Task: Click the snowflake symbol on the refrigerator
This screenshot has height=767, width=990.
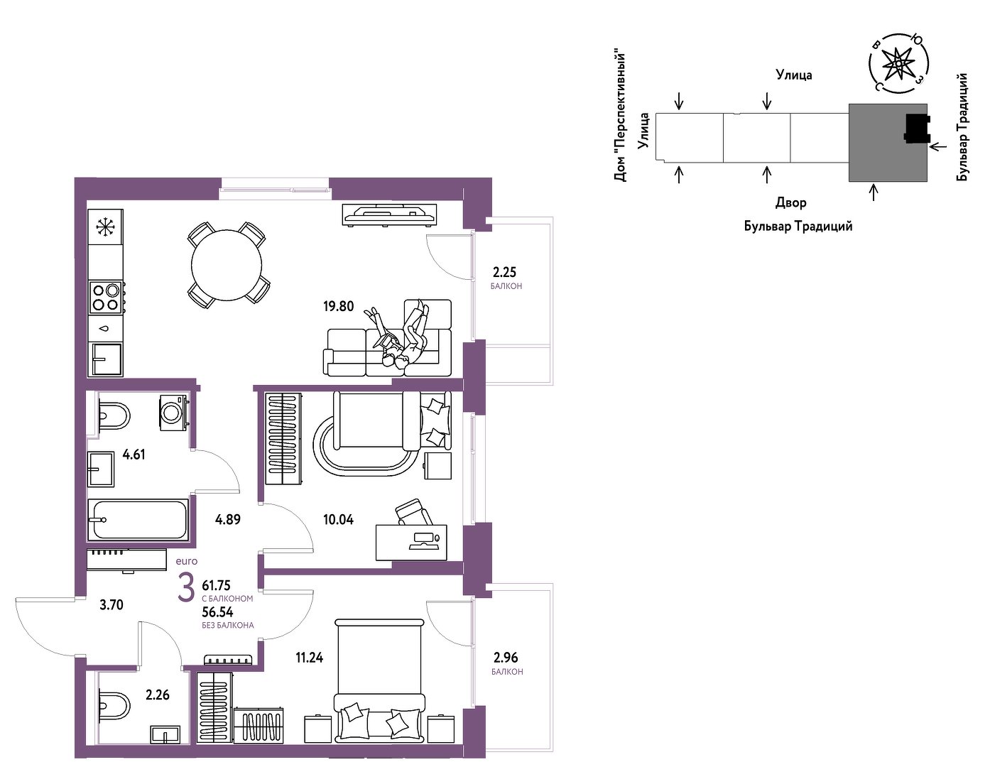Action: [x=106, y=227]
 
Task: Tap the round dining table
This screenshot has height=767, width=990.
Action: [x=227, y=265]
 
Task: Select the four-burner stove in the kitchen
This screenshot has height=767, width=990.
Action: [x=106, y=297]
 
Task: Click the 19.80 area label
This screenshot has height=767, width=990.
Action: [x=339, y=306]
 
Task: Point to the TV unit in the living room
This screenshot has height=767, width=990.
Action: [x=389, y=214]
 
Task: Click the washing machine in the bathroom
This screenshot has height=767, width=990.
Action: [x=173, y=413]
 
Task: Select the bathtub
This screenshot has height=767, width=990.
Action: [x=138, y=520]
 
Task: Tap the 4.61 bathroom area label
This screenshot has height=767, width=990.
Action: [x=134, y=454]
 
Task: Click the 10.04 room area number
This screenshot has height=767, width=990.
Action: [x=339, y=519]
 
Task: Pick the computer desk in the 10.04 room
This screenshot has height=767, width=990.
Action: [x=411, y=543]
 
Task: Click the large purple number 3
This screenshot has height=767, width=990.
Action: [x=186, y=588]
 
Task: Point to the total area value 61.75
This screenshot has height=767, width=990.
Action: [x=217, y=584]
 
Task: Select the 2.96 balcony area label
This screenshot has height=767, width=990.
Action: [x=506, y=657]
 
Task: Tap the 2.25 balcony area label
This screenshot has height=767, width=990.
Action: [x=505, y=272]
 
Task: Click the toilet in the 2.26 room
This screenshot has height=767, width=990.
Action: [x=114, y=706]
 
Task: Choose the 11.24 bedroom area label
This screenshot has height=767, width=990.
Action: [x=310, y=657]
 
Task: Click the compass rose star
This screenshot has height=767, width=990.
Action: [x=897, y=64]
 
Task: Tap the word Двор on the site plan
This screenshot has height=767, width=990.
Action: [x=791, y=202]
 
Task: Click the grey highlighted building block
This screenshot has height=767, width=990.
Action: [x=888, y=143]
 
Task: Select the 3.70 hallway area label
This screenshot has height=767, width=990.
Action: [x=111, y=604]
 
